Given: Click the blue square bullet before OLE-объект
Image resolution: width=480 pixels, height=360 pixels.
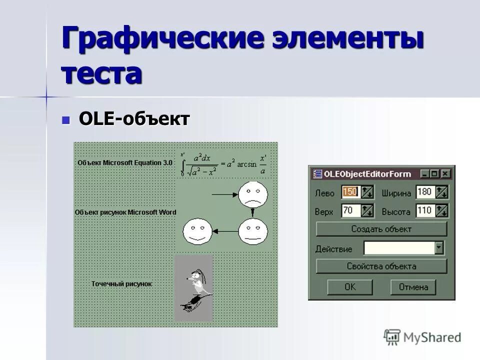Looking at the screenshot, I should (65, 120).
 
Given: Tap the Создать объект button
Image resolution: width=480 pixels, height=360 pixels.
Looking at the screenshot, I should (381, 229).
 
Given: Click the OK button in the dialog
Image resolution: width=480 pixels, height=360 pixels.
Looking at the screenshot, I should (349, 287).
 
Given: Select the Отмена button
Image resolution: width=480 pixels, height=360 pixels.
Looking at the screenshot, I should (413, 287).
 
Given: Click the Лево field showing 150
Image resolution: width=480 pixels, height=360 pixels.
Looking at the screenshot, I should (350, 192).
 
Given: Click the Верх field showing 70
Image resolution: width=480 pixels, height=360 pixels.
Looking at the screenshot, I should (350, 210).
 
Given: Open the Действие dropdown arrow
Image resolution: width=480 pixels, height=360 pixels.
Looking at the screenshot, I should (439, 248).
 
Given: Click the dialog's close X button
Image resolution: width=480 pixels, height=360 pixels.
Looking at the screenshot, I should (445, 174).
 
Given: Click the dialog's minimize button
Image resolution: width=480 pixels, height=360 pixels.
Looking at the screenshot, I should (425, 174).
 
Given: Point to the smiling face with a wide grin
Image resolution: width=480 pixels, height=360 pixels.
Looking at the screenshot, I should (198, 231).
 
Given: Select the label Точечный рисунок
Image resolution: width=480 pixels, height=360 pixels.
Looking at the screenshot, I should (121, 284).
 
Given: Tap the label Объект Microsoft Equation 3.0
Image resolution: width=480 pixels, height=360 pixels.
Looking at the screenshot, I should (124, 162).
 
